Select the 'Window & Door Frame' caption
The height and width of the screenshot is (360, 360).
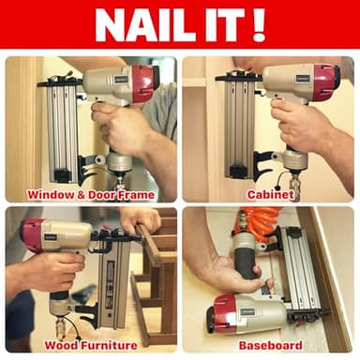point(91,195)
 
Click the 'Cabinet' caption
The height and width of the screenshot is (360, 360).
point(271,195)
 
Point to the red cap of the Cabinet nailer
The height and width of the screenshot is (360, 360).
point(325,82)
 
